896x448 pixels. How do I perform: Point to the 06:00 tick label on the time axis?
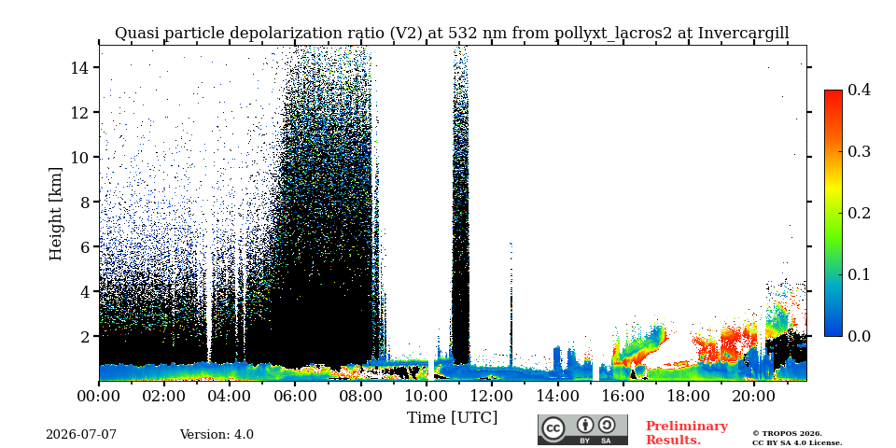click(295, 396)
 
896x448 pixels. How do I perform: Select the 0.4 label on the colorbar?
click(859, 90)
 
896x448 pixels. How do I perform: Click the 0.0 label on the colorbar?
click(859, 336)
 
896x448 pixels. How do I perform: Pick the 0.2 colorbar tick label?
click(859, 213)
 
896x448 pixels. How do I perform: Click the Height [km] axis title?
click(55, 214)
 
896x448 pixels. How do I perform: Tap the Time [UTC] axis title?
click(452, 417)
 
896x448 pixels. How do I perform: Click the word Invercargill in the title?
click(744, 34)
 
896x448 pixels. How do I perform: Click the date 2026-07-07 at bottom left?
click(81, 435)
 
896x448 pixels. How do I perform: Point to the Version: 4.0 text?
click(217, 435)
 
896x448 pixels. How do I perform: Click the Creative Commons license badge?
click(582, 429)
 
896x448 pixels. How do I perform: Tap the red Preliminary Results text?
click(687, 433)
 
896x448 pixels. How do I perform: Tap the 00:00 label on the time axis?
click(99, 396)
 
